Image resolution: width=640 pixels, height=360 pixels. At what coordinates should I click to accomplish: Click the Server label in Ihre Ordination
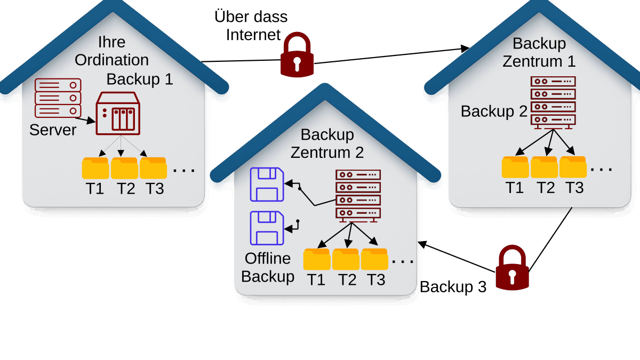click(x=53, y=130)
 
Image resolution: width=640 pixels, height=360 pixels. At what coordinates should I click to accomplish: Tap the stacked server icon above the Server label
click(x=58, y=98)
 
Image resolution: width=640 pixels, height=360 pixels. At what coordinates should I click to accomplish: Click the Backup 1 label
click(x=140, y=79)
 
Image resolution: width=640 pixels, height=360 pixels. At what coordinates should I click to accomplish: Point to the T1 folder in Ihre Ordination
click(x=95, y=168)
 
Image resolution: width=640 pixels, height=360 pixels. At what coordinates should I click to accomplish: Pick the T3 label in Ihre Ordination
click(x=155, y=189)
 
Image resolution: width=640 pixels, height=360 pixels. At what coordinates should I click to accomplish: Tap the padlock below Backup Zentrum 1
click(x=512, y=268)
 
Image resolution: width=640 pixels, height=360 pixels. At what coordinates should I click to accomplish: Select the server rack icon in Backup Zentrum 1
click(x=553, y=102)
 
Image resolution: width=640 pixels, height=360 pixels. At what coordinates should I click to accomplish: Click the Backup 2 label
click(x=494, y=111)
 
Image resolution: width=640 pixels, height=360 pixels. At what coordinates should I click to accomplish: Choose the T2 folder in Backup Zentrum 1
click(x=544, y=167)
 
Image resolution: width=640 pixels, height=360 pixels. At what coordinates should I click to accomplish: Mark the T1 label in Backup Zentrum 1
click(x=515, y=188)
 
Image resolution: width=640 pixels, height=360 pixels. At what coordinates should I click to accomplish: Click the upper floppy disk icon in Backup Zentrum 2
click(x=267, y=185)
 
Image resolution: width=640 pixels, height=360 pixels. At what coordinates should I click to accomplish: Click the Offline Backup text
click(x=268, y=267)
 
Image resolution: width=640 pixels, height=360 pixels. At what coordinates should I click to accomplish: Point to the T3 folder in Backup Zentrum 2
click(x=374, y=259)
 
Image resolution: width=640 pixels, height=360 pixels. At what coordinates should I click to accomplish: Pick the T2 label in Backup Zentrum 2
click(x=347, y=279)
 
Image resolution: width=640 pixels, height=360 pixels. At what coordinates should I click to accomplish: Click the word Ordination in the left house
click(x=111, y=60)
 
